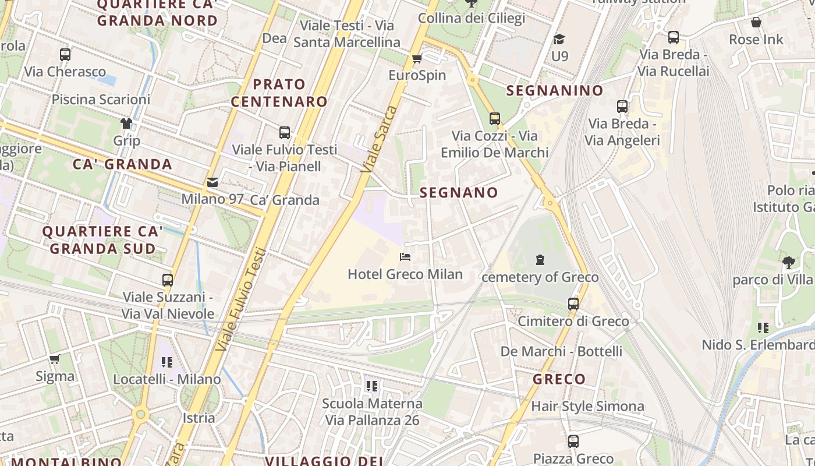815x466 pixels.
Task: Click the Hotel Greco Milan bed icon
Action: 405,257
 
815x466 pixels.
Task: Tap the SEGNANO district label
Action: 459,193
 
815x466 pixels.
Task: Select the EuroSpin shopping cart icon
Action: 417,58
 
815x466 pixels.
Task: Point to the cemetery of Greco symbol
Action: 540,260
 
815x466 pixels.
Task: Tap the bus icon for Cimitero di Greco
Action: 573,303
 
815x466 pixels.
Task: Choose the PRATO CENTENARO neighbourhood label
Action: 279,93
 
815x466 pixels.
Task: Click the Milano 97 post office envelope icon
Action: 212,182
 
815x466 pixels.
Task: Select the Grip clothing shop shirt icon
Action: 126,123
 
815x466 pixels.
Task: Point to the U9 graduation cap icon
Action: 559,39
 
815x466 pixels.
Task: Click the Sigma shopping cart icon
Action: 55,359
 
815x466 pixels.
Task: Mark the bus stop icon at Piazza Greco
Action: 573,441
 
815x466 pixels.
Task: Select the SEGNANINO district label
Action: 554,91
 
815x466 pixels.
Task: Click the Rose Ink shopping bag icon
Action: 756,23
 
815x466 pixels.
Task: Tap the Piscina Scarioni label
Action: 101,100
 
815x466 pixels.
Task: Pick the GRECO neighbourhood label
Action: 559,379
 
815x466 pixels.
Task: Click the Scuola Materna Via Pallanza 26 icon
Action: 372,386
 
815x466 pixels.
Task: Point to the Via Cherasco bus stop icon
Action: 65,55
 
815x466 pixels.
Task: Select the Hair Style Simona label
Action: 587,406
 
